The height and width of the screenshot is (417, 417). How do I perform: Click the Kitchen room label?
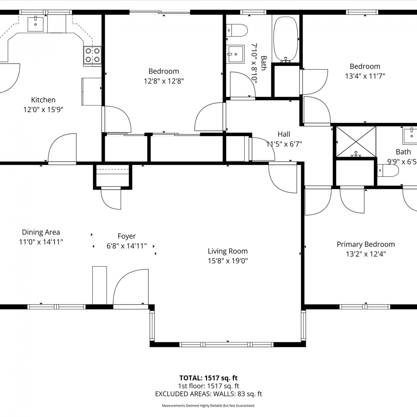43,100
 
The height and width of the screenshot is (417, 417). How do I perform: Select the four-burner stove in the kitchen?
92,55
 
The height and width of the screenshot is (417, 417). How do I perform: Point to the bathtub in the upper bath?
286,39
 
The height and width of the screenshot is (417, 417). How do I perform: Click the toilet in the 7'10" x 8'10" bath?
237,30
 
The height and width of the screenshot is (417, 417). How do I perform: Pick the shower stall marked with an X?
356,142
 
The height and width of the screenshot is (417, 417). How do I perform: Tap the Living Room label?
228,251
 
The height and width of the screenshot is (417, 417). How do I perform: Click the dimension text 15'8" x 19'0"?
228,261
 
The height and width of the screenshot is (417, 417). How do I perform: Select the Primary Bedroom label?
366,244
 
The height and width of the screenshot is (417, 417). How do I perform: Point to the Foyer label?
127,236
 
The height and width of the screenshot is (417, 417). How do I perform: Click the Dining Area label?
41,232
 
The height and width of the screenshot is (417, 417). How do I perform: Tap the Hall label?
284,134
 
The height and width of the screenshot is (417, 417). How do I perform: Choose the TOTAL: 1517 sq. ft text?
209,378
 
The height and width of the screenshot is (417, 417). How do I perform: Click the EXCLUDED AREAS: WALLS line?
209,394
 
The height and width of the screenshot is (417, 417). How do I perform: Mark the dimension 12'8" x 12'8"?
164,81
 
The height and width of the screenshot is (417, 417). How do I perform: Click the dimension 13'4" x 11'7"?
365,76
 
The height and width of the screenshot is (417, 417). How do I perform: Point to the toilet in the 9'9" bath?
388,170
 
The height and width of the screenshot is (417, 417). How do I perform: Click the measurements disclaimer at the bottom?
209,406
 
